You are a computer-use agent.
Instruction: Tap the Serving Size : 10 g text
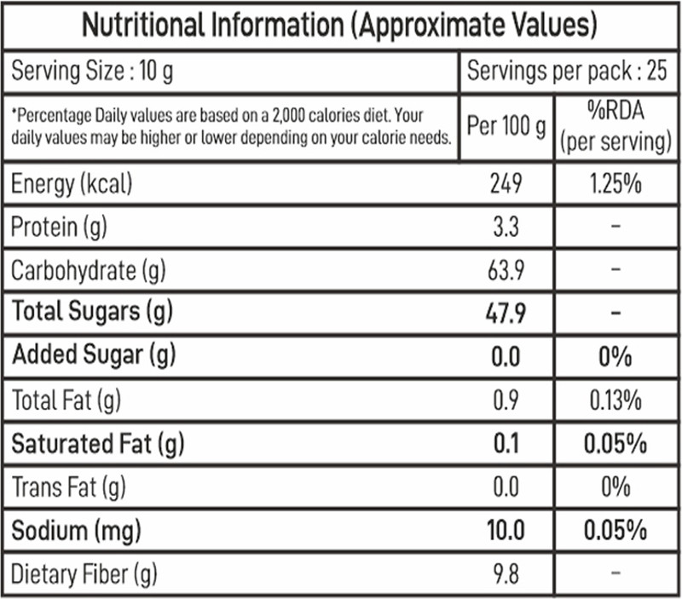(92, 72)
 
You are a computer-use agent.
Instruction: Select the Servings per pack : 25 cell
(567, 71)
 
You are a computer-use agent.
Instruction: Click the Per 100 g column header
(506, 126)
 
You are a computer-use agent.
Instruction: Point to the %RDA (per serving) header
(616, 126)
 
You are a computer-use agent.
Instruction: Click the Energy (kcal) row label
(72, 184)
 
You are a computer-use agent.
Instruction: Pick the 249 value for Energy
(506, 183)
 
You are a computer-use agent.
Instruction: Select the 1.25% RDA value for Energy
(616, 183)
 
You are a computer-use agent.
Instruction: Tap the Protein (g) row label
(59, 228)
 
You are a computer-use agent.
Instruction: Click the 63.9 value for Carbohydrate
(506, 270)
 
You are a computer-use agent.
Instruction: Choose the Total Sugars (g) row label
(92, 312)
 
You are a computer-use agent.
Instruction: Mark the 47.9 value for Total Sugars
(506, 313)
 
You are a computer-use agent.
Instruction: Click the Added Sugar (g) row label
(94, 355)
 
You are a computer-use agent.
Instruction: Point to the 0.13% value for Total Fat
(616, 400)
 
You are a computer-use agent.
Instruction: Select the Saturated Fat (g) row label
(98, 444)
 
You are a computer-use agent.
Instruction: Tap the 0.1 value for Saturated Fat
(506, 444)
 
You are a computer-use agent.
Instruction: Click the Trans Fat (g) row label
(69, 487)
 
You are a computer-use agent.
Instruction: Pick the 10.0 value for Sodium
(506, 530)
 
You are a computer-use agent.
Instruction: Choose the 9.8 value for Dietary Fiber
(506, 573)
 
